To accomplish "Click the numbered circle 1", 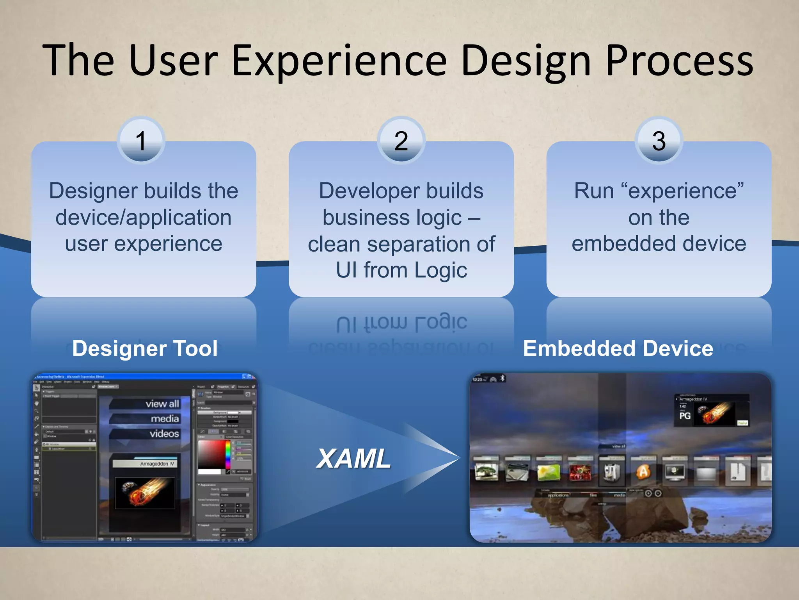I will point(141,141).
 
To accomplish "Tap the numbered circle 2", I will point(401,141).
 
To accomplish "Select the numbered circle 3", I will point(659,141).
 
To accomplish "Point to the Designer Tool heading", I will point(145,348).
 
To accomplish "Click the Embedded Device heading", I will point(618,348).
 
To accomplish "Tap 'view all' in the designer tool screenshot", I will point(162,404).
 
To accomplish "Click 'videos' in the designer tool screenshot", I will point(164,434).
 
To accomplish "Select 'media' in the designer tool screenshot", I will point(165,419).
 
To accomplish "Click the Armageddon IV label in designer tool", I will point(157,464).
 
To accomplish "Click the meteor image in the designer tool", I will point(145,492).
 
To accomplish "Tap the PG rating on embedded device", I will point(685,416).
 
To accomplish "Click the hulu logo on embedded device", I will point(742,423).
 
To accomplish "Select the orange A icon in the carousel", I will point(643,471).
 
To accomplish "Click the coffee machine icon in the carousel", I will point(611,471).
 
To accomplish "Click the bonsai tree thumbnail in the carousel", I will point(486,471).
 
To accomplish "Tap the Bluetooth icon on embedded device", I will point(503,378).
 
